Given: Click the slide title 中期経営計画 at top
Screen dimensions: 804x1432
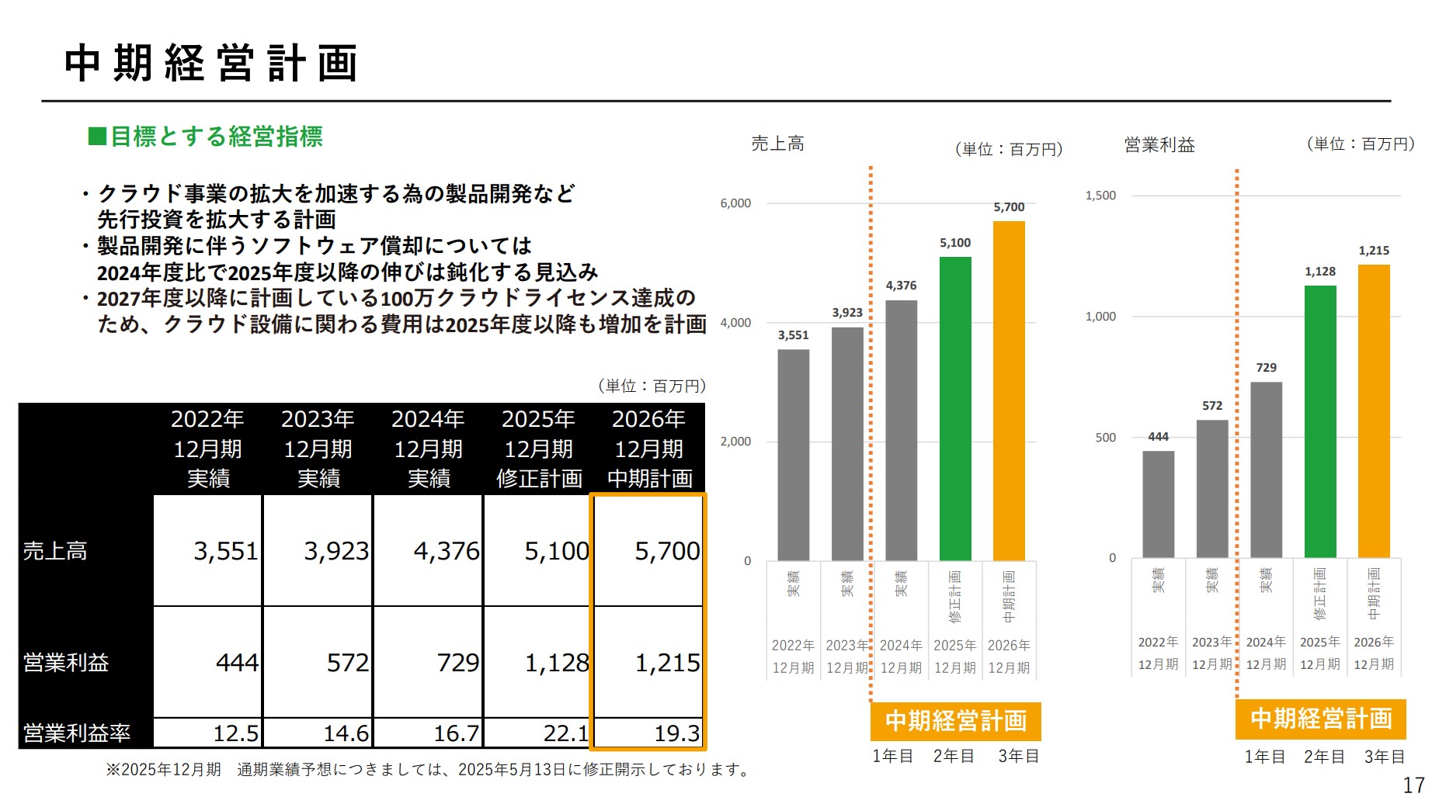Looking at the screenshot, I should pos(211,64).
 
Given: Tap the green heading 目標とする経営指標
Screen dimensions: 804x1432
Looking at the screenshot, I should pos(206,137).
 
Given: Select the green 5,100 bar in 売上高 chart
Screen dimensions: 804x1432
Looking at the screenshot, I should pos(955,408).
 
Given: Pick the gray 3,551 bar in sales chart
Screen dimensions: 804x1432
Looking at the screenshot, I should pos(793,455).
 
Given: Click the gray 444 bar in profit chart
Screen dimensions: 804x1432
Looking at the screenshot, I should pos(1158,504).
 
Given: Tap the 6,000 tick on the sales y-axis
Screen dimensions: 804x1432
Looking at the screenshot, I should pos(735,203).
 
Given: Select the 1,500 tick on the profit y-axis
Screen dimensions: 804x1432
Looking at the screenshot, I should pos(1100,196).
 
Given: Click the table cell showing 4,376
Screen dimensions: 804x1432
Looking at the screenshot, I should pos(429,551).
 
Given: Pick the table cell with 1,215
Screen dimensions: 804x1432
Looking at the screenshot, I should pos(648,662).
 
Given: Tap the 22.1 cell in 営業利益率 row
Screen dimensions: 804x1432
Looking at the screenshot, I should pos(538,733).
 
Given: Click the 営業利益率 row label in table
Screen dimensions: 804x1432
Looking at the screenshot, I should pos(77,733).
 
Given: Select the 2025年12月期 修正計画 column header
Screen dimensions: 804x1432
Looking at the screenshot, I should pos(538,449).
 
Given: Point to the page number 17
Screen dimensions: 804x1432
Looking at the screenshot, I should pos(1413,785).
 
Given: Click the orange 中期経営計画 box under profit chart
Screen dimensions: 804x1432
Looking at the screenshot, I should pos(1320,719).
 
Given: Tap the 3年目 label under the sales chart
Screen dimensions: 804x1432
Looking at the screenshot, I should pos(1018,756).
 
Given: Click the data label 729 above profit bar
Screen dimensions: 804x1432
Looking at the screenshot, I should pos(1266,368).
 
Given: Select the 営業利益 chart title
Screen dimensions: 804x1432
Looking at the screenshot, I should pos(1159,145).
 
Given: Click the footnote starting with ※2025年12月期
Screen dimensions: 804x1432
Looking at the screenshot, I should pos(429,769).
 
